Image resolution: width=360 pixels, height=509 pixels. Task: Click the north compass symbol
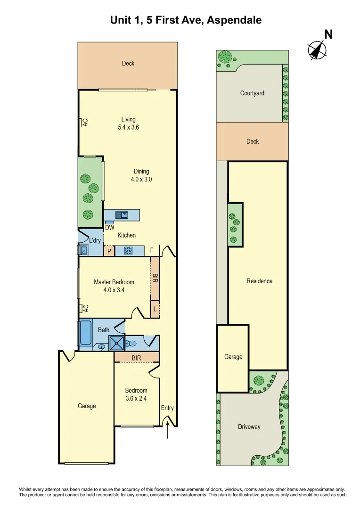(x=318, y=49)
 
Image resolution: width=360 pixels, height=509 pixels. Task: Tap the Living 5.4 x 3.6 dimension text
(x=128, y=127)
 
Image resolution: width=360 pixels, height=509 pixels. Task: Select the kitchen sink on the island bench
(x=122, y=215)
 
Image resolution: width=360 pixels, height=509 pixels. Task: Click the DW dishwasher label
(x=110, y=228)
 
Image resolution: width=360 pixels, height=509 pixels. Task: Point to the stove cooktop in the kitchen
(x=128, y=251)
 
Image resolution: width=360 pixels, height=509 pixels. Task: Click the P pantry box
(x=109, y=251)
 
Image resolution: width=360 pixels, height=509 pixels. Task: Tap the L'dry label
(x=95, y=241)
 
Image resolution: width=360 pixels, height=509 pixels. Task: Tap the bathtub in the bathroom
(x=86, y=334)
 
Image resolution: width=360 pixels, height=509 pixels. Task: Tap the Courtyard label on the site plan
(x=252, y=93)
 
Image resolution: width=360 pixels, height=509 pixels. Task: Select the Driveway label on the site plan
(x=249, y=427)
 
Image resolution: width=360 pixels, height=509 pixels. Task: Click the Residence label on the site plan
(x=259, y=281)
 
